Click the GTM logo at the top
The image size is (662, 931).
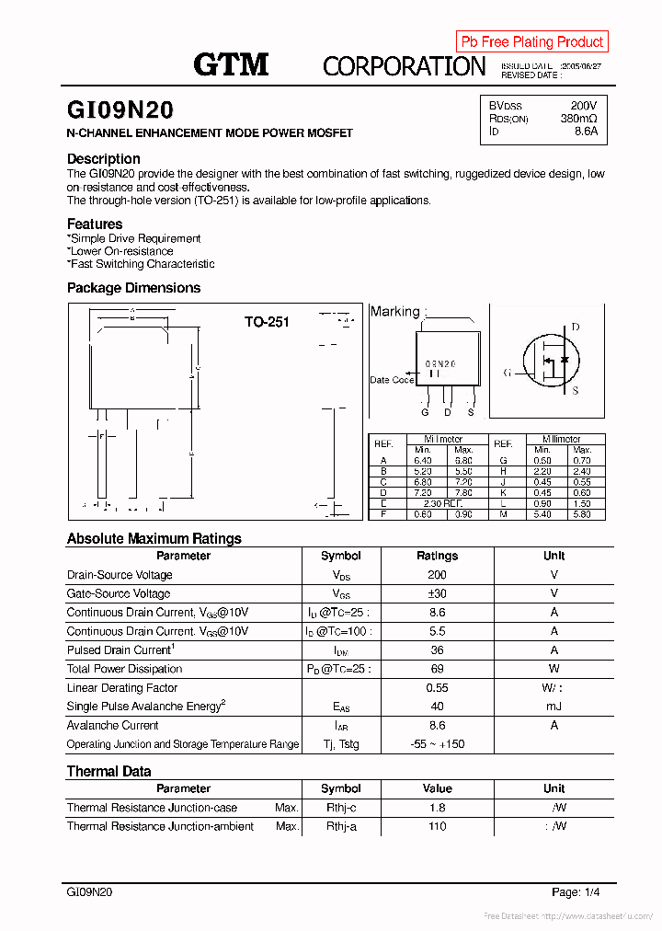click(x=231, y=64)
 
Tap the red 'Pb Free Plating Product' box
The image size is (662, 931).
click(x=531, y=41)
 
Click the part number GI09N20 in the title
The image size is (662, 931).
click(x=120, y=110)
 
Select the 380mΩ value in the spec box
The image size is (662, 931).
click(x=578, y=119)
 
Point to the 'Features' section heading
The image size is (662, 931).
click(x=95, y=224)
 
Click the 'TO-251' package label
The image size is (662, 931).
click(x=267, y=322)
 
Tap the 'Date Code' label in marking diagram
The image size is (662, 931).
click(x=392, y=380)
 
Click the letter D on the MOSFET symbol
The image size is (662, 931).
click(x=576, y=328)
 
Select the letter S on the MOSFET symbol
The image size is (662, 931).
click(x=576, y=391)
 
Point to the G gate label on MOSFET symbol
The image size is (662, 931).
click(x=507, y=373)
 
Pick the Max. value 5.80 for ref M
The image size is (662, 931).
click(x=581, y=514)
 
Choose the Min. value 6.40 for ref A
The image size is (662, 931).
click(x=422, y=460)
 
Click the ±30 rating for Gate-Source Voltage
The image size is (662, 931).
click(x=437, y=594)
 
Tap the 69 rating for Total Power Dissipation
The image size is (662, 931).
click(x=437, y=669)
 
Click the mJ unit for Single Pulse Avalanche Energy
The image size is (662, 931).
click(x=554, y=707)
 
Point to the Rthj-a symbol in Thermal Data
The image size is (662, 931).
click(x=341, y=826)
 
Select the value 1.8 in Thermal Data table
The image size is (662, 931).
click(x=437, y=808)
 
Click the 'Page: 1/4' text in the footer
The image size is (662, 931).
click(x=576, y=892)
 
